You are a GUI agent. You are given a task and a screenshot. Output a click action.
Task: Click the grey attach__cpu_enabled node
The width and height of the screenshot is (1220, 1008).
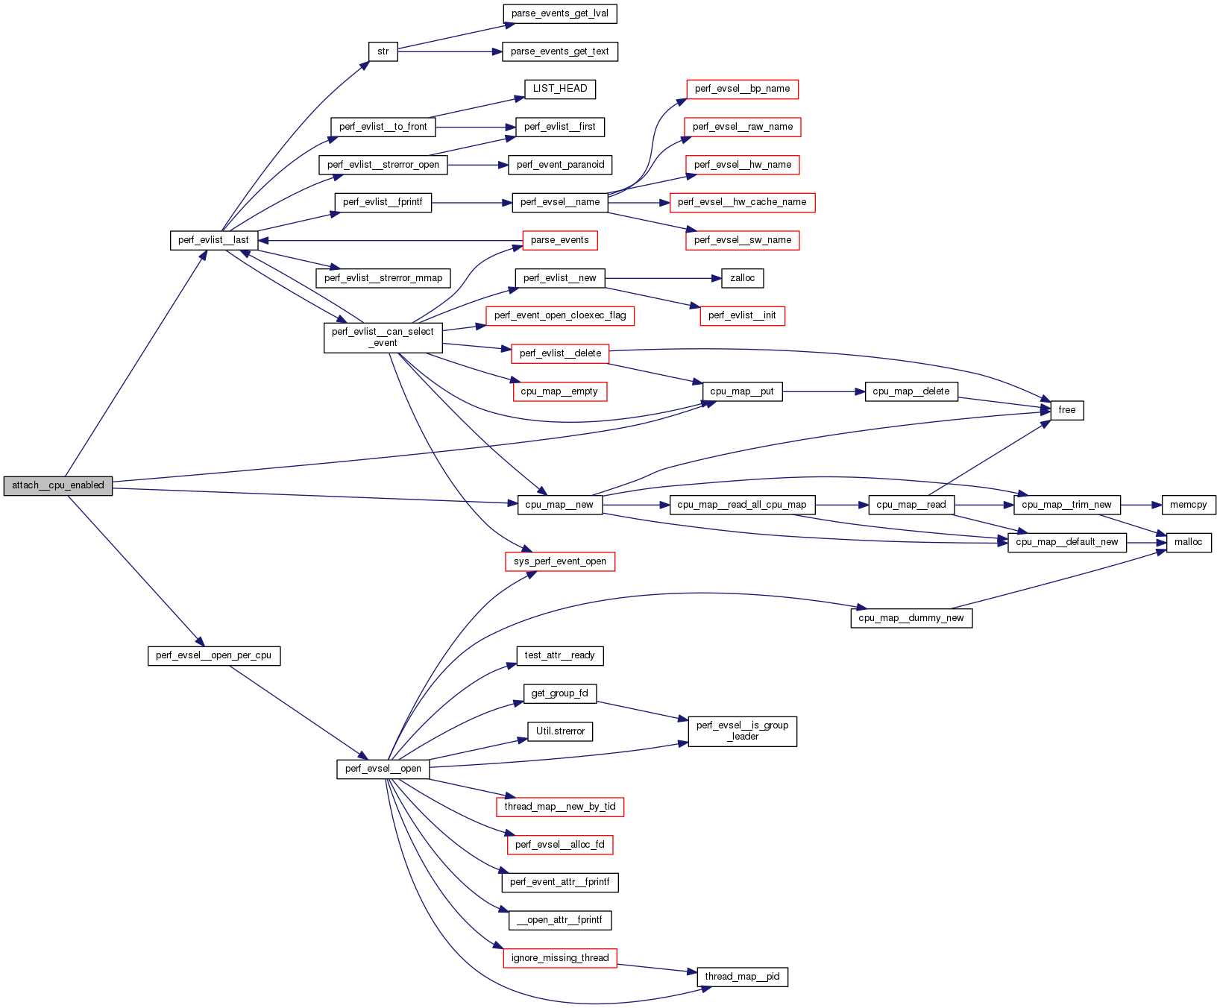tap(58, 485)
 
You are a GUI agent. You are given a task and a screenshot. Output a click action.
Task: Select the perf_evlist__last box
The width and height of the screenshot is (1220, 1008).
tap(214, 240)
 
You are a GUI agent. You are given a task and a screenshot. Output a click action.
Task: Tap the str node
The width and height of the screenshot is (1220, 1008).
tap(383, 51)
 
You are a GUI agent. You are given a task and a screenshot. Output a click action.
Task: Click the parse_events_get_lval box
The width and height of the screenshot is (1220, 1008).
tap(559, 13)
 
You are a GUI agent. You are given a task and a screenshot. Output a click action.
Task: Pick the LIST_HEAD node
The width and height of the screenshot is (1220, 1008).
tap(559, 89)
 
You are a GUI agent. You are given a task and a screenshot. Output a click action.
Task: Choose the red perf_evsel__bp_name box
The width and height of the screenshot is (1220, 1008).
tap(742, 89)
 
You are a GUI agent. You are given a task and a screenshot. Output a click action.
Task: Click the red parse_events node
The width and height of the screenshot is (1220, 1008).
tap(559, 240)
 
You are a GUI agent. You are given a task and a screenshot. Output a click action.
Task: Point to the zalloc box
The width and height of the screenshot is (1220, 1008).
tap(742, 278)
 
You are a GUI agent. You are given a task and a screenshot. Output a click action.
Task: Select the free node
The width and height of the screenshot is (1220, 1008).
tap(1066, 410)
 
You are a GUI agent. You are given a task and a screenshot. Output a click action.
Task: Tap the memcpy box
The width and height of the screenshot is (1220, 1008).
tap(1188, 505)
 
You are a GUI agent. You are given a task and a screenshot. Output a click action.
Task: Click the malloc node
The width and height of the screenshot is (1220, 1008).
tap(1188, 542)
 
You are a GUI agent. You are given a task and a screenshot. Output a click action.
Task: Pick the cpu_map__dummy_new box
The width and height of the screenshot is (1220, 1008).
tap(911, 618)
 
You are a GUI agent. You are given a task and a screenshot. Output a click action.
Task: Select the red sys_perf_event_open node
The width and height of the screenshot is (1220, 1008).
tap(559, 561)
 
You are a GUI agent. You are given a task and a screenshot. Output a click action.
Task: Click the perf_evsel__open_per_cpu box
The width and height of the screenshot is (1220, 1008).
tap(213, 656)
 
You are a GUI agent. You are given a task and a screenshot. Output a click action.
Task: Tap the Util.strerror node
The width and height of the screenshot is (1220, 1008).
tap(559, 731)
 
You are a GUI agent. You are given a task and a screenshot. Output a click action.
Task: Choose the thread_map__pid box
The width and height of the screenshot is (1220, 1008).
tap(742, 977)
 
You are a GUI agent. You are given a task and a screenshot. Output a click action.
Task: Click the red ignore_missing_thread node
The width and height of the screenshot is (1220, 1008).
tap(559, 958)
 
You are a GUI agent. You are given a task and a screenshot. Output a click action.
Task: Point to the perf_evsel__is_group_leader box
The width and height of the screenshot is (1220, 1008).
tap(742, 731)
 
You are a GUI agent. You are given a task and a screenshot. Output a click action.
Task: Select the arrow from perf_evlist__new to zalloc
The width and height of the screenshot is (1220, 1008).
tap(664, 278)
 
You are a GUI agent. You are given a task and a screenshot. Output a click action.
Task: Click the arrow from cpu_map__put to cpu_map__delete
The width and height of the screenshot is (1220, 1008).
tap(824, 391)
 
